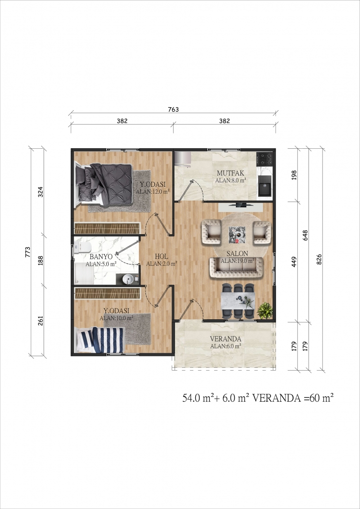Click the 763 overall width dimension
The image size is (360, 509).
point(173,109)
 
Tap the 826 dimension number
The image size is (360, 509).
point(319,259)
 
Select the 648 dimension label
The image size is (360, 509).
point(305,235)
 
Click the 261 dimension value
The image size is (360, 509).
point(41,321)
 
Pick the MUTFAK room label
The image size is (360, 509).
point(230,173)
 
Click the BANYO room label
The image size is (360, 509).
point(101,257)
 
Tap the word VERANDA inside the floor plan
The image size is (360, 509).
point(225,339)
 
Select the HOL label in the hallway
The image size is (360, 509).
point(162,256)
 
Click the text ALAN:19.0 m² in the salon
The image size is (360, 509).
point(237,260)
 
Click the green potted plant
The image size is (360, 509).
point(265,311)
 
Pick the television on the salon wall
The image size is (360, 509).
point(241,205)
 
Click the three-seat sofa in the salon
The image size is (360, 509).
point(236,267)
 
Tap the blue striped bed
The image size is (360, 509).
point(100,339)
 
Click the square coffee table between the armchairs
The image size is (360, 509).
point(237,234)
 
